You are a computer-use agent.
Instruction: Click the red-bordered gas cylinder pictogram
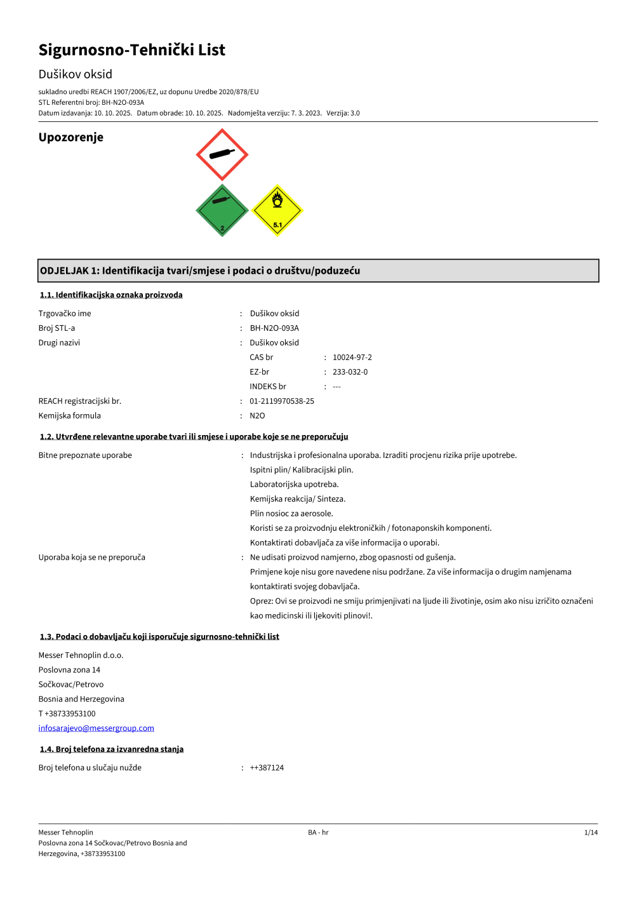tap(222, 155)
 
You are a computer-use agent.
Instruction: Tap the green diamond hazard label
tap(222, 211)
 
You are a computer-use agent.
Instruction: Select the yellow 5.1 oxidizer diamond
tap(277, 210)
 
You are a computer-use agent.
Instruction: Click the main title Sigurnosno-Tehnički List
tap(131, 50)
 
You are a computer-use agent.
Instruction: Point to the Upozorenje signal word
tap(70, 137)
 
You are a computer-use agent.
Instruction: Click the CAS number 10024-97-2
tap(352, 358)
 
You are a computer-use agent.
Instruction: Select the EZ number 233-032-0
tap(350, 372)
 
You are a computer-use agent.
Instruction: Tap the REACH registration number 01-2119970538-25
tap(281, 401)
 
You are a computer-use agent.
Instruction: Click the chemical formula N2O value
tap(257, 416)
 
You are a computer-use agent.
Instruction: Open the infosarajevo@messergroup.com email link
tap(96, 728)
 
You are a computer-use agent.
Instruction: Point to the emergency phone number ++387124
tap(267, 768)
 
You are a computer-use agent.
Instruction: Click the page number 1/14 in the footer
tap(591, 833)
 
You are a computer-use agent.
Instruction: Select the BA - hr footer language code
tap(318, 833)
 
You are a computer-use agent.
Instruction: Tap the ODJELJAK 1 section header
tap(199, 271)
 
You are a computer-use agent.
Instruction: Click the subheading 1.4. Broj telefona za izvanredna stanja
tap(112, 749)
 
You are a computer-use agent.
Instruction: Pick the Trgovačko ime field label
tap(65, 314)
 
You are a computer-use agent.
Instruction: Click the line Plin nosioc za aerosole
tap(291, 514)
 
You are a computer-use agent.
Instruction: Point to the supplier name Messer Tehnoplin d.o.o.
tap(81, 655)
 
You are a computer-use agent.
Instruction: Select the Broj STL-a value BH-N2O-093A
tap(274, 328)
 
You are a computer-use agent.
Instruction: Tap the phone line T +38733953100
tap(67, 714)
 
